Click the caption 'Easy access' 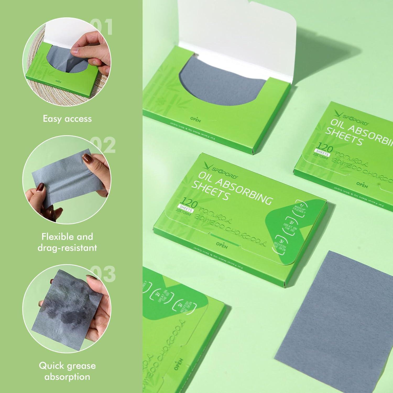coord(67,119)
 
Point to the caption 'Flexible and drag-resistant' coord(67,242)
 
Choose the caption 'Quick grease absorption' coord(67,371)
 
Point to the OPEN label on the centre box coord(222,245)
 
